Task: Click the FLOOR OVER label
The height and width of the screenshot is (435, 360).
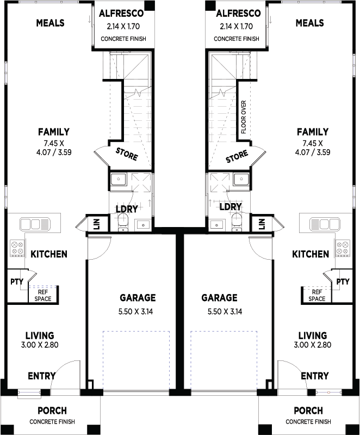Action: [244, 118]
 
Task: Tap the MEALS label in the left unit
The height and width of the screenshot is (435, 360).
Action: [50, 23]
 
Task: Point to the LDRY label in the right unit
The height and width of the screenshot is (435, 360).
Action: [231, 207]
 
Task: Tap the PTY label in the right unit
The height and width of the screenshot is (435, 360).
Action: [343, 281]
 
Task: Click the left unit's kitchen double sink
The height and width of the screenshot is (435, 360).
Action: [35, 224]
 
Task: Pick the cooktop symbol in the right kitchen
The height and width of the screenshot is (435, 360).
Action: [343, 248]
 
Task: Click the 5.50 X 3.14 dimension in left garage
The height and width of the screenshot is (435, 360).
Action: [138, 312]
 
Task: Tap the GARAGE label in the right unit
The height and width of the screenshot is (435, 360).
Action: [220, 298]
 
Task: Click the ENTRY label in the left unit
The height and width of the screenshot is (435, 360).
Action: [41, 376]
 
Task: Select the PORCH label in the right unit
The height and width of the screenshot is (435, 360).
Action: [308, 411]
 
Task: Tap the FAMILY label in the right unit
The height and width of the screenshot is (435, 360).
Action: [312, 132]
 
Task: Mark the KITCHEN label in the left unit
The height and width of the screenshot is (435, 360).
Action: [49, 254]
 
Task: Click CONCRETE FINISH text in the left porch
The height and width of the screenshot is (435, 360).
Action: [52, 421]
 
